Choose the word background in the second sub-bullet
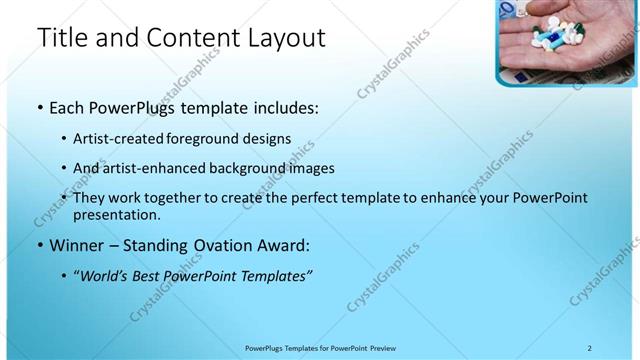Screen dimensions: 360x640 266,168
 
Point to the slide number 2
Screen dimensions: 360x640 589,348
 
